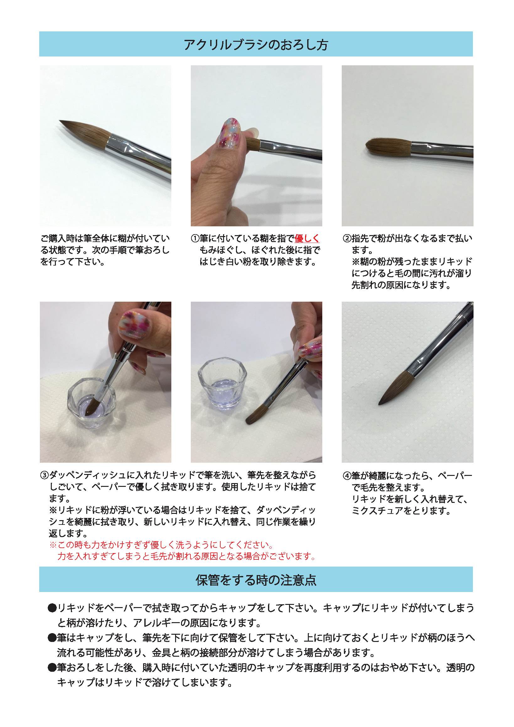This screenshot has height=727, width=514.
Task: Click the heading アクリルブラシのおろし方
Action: (x=256, y=45)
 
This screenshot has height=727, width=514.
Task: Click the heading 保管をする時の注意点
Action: (x=256, y=580)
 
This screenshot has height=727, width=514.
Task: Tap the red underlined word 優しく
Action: (x=307, y=239)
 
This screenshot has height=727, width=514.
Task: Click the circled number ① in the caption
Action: (x=195, y=239)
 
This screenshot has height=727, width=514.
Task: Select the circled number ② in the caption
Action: (x=347, y=239)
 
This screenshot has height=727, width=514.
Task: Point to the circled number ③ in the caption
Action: (x=44, y=475)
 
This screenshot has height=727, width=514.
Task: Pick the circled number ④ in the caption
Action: (x=347, y=476)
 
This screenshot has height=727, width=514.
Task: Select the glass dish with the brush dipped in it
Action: (x=92, y=404)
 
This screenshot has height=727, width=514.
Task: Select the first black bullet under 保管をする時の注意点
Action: (x=52, y=608)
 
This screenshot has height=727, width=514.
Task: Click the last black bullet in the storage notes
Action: (x=52, y=668)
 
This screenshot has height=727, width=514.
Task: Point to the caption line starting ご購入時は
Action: (x=105, y=239)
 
